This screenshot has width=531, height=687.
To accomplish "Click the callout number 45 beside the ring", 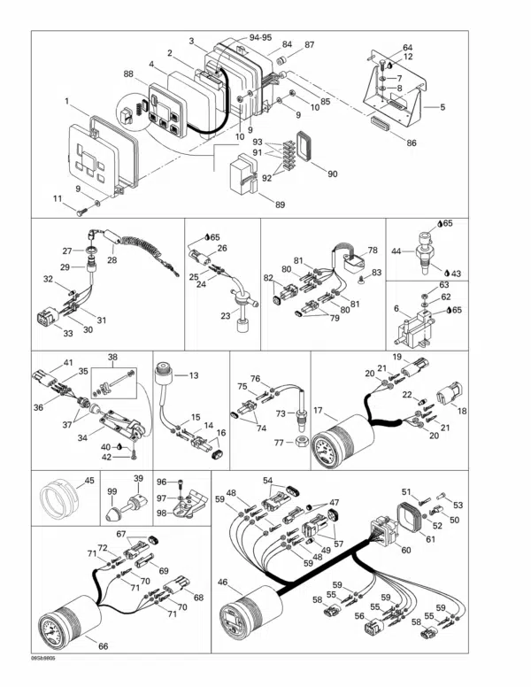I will pyautogui.click(x=88, y=481).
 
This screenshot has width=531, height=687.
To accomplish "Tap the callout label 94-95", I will pyautogui.click(x=260, y=38).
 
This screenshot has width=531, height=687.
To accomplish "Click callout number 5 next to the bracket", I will pyautogui.click(x=442, y=106).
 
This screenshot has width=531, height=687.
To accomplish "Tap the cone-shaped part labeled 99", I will pyautogui.click(x=115, y=511).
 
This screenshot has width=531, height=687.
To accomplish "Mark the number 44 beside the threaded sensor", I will pyautogui.click(x=396, y=251).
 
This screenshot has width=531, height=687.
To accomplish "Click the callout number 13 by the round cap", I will pyautogui.click(x=194, y=374).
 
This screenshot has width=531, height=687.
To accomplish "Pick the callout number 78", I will pyautogui.click(x=373, y=251).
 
